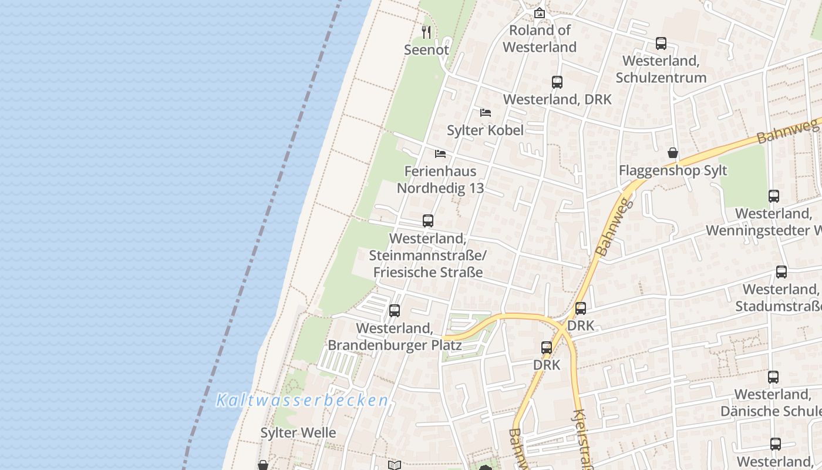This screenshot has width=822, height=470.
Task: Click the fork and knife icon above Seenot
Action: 426,32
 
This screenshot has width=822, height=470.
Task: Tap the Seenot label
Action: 426,50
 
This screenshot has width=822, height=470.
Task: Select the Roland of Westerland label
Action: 540,39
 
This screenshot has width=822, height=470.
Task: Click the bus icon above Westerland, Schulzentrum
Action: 661,43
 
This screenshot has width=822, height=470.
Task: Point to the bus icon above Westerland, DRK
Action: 557,82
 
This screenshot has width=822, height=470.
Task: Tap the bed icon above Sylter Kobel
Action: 485,113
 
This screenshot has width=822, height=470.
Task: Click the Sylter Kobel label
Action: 485,130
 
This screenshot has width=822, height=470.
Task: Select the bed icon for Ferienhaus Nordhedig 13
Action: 440,154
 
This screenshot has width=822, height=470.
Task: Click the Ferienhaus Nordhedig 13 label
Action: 440,179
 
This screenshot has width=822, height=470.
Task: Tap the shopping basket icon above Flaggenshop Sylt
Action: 673,153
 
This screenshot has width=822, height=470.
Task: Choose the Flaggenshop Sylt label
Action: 673,170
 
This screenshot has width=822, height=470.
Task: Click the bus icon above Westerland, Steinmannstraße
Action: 428,221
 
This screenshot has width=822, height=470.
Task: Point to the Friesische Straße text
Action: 428,273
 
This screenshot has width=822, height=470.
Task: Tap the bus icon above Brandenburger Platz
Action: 395,311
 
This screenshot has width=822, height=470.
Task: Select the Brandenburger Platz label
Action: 395,345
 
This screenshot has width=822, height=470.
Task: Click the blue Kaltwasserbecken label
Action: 302,401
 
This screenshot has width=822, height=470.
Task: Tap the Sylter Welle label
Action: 298,433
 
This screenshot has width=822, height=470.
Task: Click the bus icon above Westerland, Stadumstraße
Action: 781,272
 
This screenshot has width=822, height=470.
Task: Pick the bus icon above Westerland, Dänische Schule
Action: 773,377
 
